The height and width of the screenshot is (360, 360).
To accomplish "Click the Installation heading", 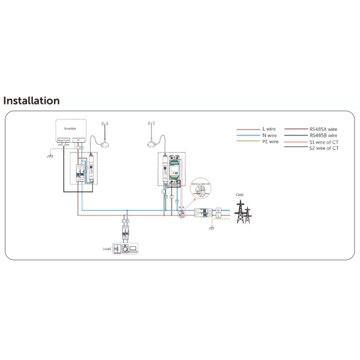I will [32, 101].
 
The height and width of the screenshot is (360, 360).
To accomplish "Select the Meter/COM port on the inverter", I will [64, 140].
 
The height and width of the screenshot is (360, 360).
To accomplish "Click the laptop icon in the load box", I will [134, 247].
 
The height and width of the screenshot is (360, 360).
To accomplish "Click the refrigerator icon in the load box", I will [118, 247].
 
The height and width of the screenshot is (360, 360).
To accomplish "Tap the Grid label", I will [240, 195].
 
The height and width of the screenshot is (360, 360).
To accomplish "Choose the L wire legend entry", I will [269, 129].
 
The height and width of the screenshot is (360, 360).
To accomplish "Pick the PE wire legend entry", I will [269, 142].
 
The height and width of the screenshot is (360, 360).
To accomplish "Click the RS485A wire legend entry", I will [323, 129].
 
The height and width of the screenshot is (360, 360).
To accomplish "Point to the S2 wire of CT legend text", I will [324, 148].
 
